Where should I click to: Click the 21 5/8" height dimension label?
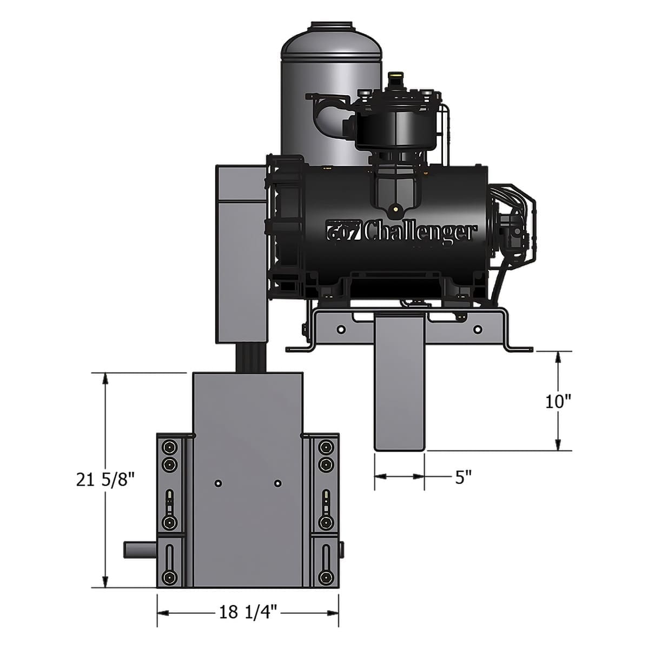[104, 479]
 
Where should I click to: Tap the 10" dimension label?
[558, 401]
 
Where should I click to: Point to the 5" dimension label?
[463, 477]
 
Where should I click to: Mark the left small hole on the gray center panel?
[217, 482]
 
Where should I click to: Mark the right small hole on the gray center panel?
[277, 482]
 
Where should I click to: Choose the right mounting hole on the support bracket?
[476, 329]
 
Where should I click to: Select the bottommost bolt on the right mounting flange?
[325, 577]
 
